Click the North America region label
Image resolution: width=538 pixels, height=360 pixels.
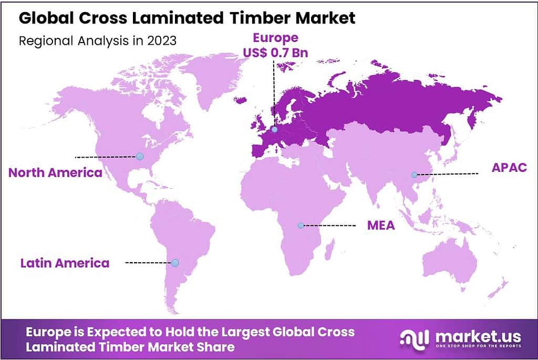(x=55, y=172)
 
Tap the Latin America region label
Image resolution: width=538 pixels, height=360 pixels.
(x=65, y=263)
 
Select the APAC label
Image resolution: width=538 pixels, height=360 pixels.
(x=509, y=168)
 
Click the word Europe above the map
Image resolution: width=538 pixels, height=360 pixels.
(x=275, y=38)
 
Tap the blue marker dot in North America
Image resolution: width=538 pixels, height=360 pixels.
(x=139, y=156)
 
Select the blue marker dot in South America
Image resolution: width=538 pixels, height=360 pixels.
(x=175, y=262)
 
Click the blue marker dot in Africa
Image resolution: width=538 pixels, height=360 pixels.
(x=301, y=225)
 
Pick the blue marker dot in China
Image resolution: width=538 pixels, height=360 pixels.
(x=414, y=174)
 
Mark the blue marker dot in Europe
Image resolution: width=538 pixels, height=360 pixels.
(x=274, y=128)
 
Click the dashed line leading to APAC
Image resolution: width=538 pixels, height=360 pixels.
(x=447, y=174)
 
